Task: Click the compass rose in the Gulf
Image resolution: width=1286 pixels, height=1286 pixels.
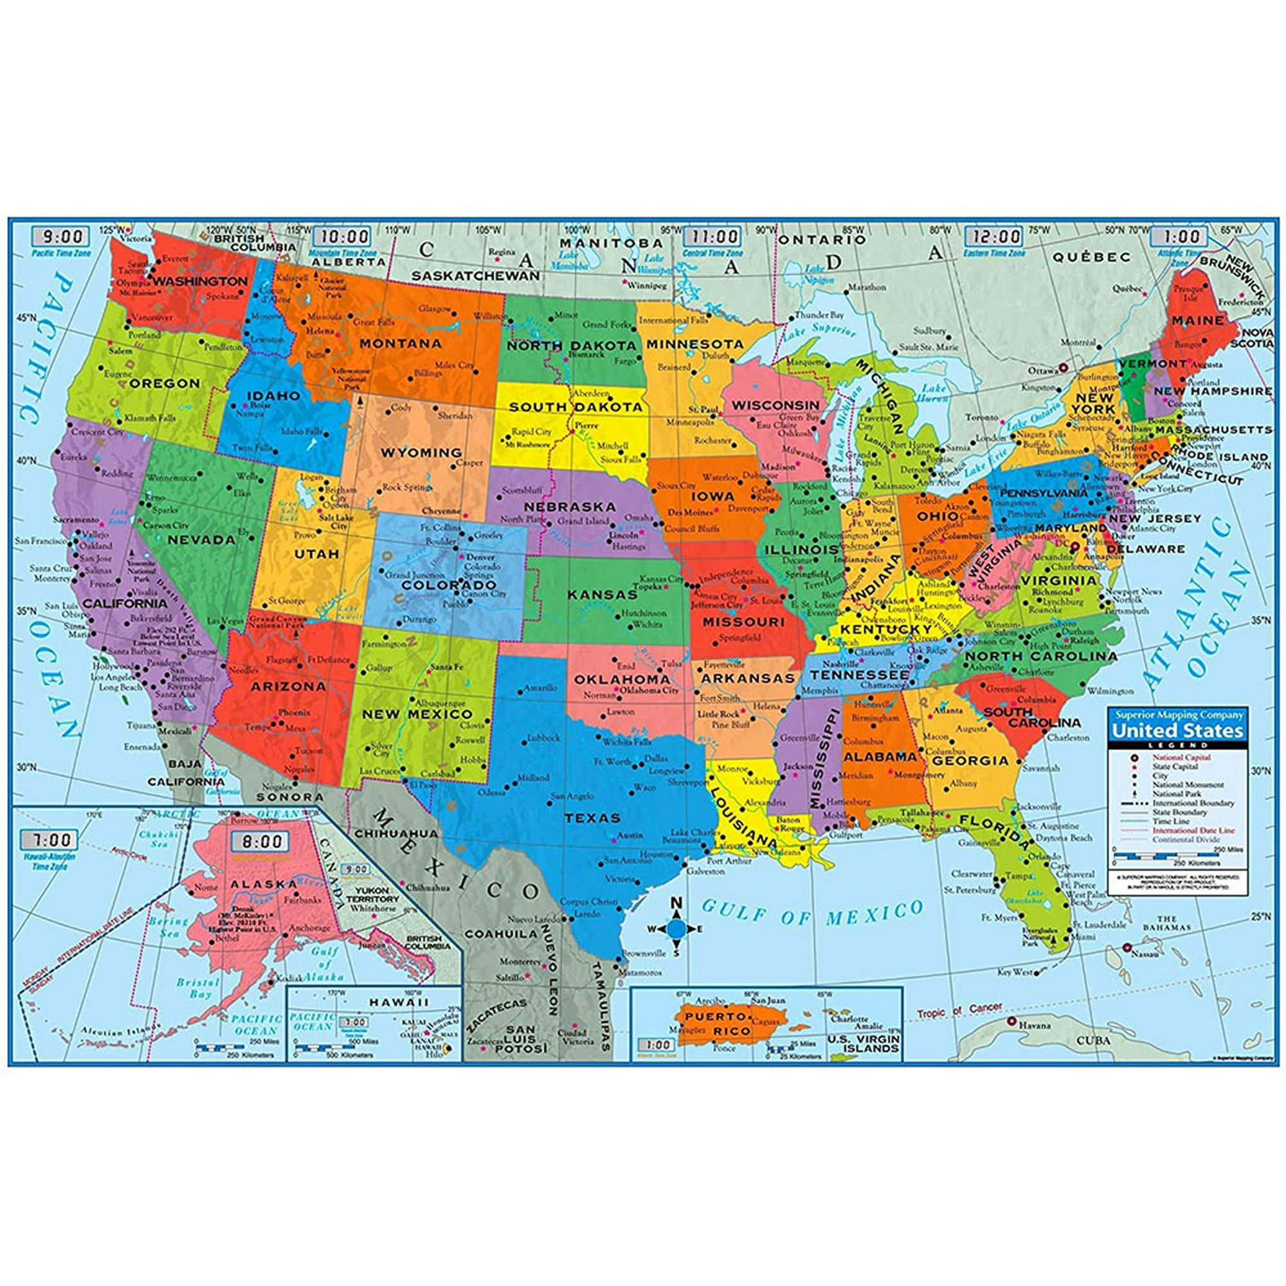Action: pyautogui.click(x=676, y=928)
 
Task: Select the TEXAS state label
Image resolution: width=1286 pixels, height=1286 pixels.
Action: pyautogui.click(x=592, y=818)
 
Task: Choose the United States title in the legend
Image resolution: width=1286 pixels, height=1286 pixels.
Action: pyautogui.click(x=1177, y=731)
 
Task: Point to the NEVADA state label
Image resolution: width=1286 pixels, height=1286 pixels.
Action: pyautogui.click(x=202, y=540)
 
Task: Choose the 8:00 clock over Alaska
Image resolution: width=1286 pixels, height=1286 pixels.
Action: pyautogui.click(x=260, y=841)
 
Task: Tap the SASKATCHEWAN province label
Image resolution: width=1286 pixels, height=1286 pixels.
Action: pyautogui.click(x=475, y=275)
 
